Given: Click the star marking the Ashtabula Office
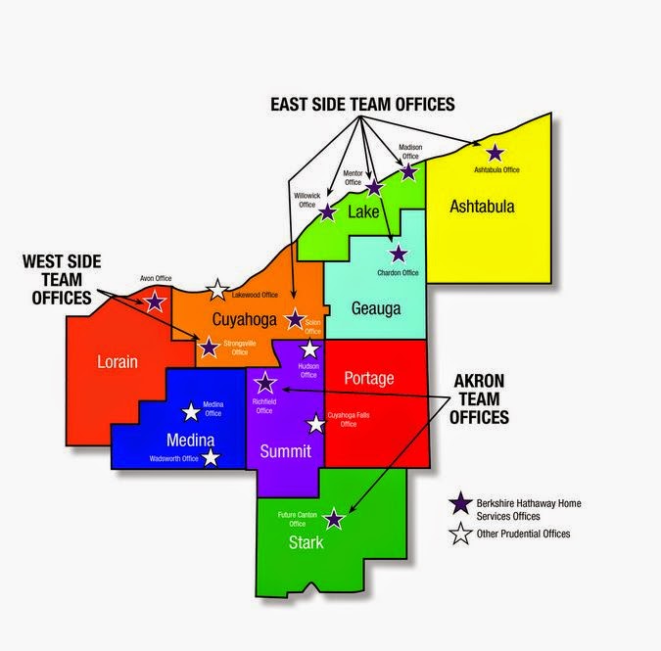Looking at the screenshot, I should point(495,153).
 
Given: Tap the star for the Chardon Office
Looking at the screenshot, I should point(398,255).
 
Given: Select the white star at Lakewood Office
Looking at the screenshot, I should point(217,290).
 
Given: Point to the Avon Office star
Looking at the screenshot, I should point(154,301).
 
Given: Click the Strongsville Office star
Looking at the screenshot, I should point(209,347).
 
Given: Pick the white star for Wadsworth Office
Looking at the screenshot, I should point(211,457).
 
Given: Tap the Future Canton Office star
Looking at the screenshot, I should point(334,519).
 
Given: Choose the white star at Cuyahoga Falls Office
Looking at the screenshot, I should point(315,425).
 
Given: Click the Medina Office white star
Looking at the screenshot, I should point(191,412).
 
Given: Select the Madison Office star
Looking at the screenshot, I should point(408,171).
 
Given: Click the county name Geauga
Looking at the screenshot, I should point(376,308).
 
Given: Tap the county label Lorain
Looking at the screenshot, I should point(118,361).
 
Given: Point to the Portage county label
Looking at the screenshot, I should point(369,377).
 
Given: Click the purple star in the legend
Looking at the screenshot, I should point(458,503).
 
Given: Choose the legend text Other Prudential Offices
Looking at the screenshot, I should point(523,534).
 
